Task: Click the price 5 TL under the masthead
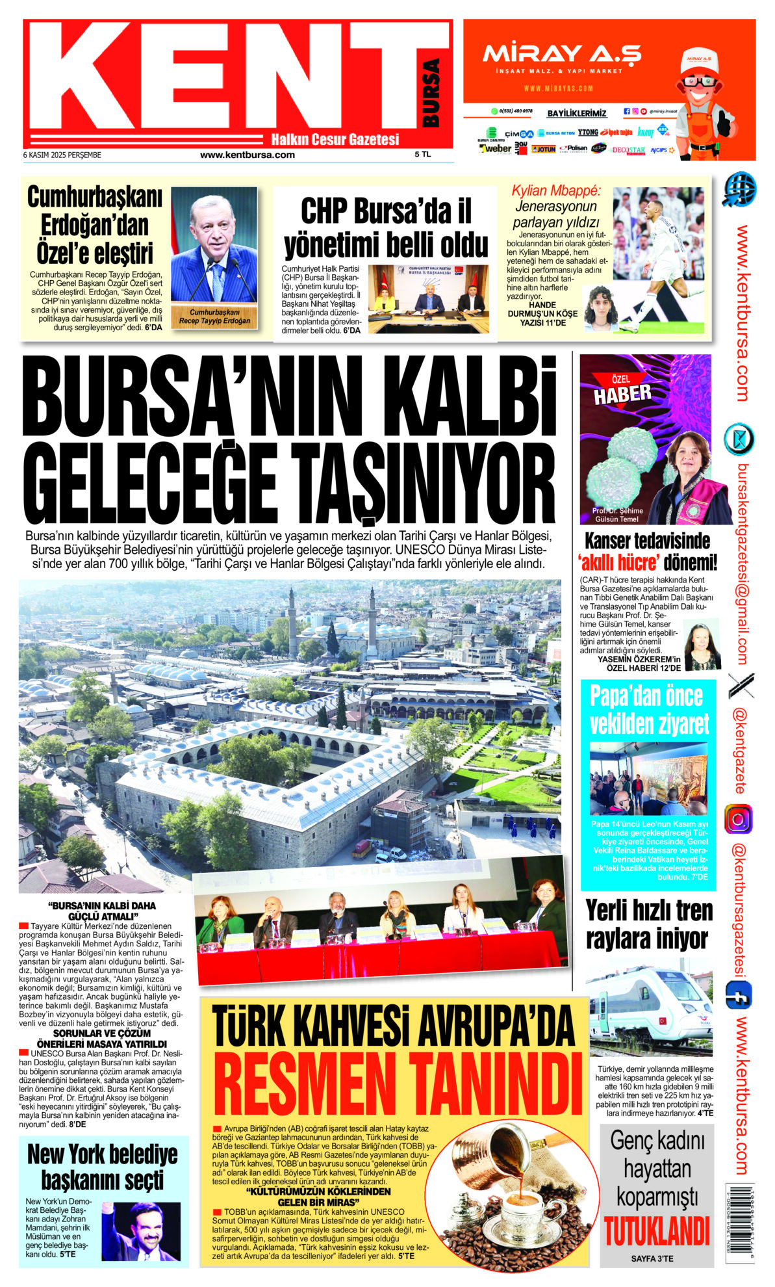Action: click(x=423, y=155)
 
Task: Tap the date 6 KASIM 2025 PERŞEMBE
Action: click(x=62, y=155)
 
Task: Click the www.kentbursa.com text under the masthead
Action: click(x=248, y=155)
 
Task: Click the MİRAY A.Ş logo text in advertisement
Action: click(x=561, y=53)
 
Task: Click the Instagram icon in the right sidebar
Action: click(x=738, y=819)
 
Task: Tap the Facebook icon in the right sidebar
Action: click(x=738, y=995)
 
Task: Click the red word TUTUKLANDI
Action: click(x=656, y=1230)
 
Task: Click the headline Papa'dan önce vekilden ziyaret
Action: click(x=647, y=710)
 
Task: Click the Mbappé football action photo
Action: click(x=658, y=261)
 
